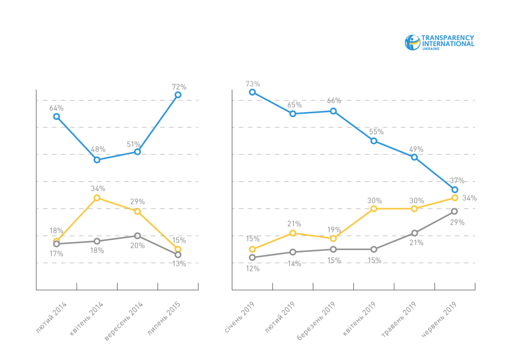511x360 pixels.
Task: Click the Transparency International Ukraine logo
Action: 439,43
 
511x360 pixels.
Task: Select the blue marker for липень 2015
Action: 178,95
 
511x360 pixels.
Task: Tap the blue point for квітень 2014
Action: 97,160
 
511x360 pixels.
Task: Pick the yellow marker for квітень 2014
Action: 97,198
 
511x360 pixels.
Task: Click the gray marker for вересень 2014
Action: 138,236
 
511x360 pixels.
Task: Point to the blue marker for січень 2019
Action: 253,92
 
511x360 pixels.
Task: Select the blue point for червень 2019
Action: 455,190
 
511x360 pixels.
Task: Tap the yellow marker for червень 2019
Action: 455,198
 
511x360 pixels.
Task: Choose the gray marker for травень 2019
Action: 414,233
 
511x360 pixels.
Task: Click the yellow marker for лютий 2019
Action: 293,233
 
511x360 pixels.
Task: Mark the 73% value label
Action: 253,84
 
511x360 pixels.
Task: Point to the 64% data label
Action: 56,108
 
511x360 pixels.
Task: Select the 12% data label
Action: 253,268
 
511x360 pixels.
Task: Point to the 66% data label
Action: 334,101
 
